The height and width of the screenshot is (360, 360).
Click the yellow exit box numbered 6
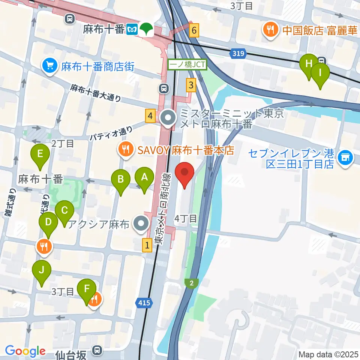click(x=193, y=30)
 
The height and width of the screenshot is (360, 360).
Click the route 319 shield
click(x=237, y=54)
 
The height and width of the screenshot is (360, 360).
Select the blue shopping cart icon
click(x=49, y=66)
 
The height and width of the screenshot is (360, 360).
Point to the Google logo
click(x=25, y=351)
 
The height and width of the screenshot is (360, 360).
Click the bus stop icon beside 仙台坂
click(x=97, y=350)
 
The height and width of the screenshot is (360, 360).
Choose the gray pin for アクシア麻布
click(x=141, y=224)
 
